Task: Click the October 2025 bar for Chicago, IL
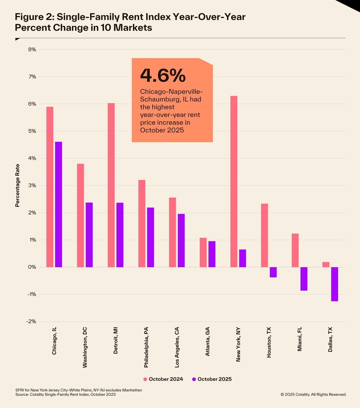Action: click(58, 204)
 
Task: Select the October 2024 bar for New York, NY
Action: click(234, 181)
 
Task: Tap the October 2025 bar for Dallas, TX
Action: click(334, 284)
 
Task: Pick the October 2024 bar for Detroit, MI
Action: click(111, 185)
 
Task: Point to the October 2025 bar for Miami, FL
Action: click(304, 278)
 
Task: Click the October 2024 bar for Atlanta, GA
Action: click(203, 252)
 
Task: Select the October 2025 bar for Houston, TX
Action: click(273, 272)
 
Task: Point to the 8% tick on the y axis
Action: click(32, 50)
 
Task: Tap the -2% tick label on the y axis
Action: click(31, 322)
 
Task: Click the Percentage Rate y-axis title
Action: click(17, 185)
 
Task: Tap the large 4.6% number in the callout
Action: click(163, 75)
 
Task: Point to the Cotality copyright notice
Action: click(313, 395)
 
